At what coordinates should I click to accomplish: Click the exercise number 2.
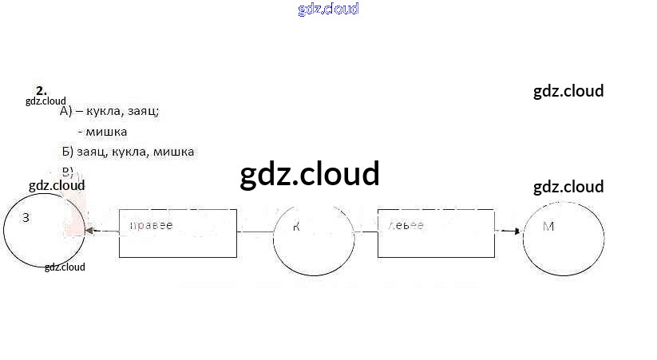41,90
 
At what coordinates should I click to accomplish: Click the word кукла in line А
102,112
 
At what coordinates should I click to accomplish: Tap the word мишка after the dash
108,132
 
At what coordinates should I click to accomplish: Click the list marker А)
66,112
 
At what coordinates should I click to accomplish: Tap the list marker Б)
67,152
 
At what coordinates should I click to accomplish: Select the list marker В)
67,171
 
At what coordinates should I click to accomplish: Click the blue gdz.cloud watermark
328,9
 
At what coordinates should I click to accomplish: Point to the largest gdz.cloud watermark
310,174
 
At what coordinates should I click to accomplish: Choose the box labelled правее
178,233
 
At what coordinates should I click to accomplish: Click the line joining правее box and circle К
255,232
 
